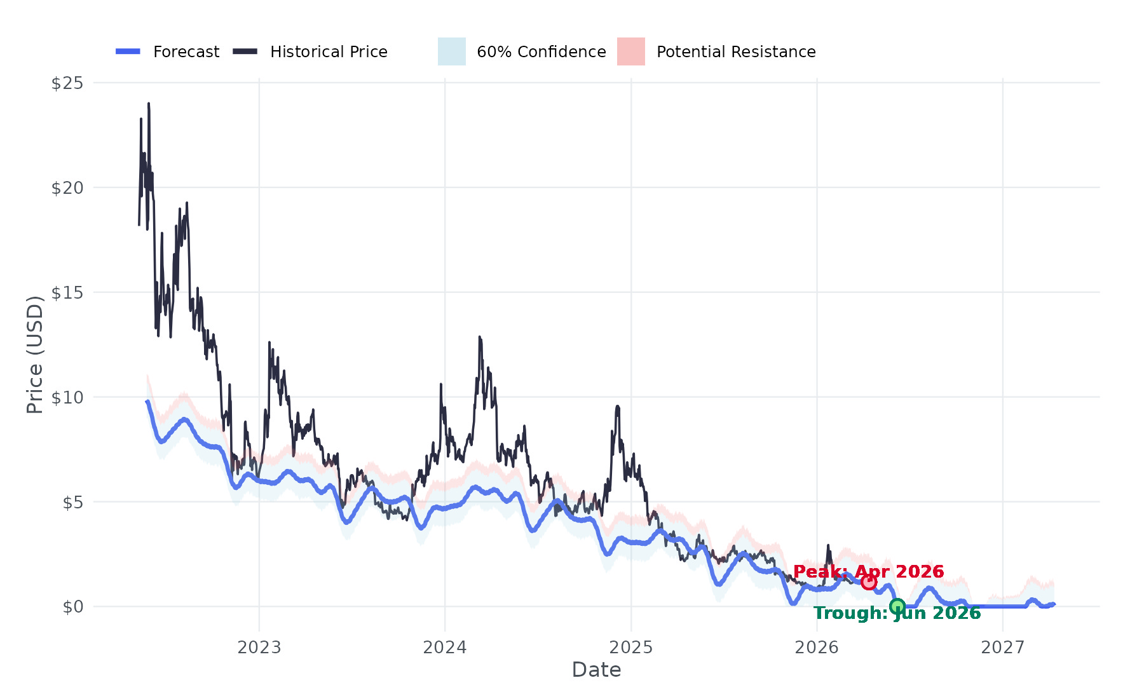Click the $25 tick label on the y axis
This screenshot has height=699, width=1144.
click(x=67, y=83)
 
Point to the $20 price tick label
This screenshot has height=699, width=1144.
click(x=67, y=188)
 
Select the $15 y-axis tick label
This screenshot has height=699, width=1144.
click(x=67, y=293)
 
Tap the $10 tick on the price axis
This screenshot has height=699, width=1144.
click(x=67, y=398)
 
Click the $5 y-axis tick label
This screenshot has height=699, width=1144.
click(x=72, y=503)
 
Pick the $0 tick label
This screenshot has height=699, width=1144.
click(x=72, y=607)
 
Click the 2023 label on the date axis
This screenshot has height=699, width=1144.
click(x=259, y=648)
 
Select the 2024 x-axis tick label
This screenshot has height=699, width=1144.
click(x=445, y=648)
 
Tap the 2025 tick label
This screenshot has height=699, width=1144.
click(x=631, y=648)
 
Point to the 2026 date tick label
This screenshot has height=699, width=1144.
click(x=817, y=648)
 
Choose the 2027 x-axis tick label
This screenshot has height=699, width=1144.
click(x=1002, y=648)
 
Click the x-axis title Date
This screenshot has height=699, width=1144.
click(x=596, y=670)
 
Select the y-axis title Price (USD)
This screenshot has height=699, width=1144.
click(x=35, y=355)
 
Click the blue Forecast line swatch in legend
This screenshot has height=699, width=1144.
click(x=128, y=51)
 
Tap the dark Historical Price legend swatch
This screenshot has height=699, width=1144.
click(x=245, y=51)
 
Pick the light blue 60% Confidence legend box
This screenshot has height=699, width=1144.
click(x=451, y=51)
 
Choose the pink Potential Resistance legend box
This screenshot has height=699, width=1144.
click(x=630, y=51)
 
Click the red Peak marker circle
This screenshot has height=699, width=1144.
click(x=869, y=582)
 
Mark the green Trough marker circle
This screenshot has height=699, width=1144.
click(x=897, y=606)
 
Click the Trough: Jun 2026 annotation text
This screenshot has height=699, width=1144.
click(x=897, y=614)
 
